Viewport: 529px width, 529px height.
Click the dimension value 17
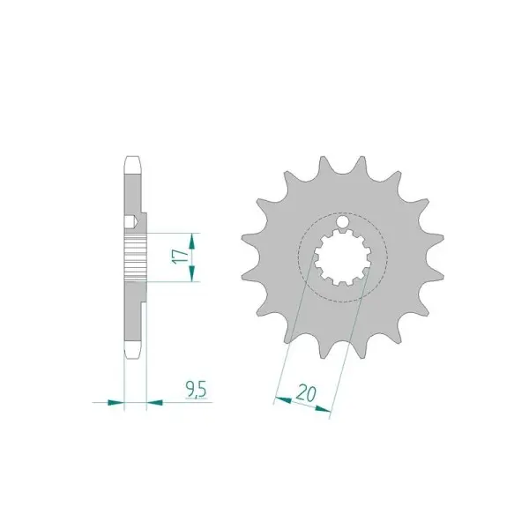180,257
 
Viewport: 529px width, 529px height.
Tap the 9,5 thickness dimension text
196,390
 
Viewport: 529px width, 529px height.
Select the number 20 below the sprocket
306,394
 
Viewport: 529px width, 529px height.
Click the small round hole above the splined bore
343,221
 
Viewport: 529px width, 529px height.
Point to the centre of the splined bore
343,257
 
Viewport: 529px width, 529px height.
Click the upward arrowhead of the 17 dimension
192,241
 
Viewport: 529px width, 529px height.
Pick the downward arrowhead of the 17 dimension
192,273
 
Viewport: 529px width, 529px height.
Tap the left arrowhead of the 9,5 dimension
115,402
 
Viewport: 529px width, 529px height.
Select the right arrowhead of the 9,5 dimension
155,402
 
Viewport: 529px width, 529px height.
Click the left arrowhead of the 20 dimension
283,400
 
